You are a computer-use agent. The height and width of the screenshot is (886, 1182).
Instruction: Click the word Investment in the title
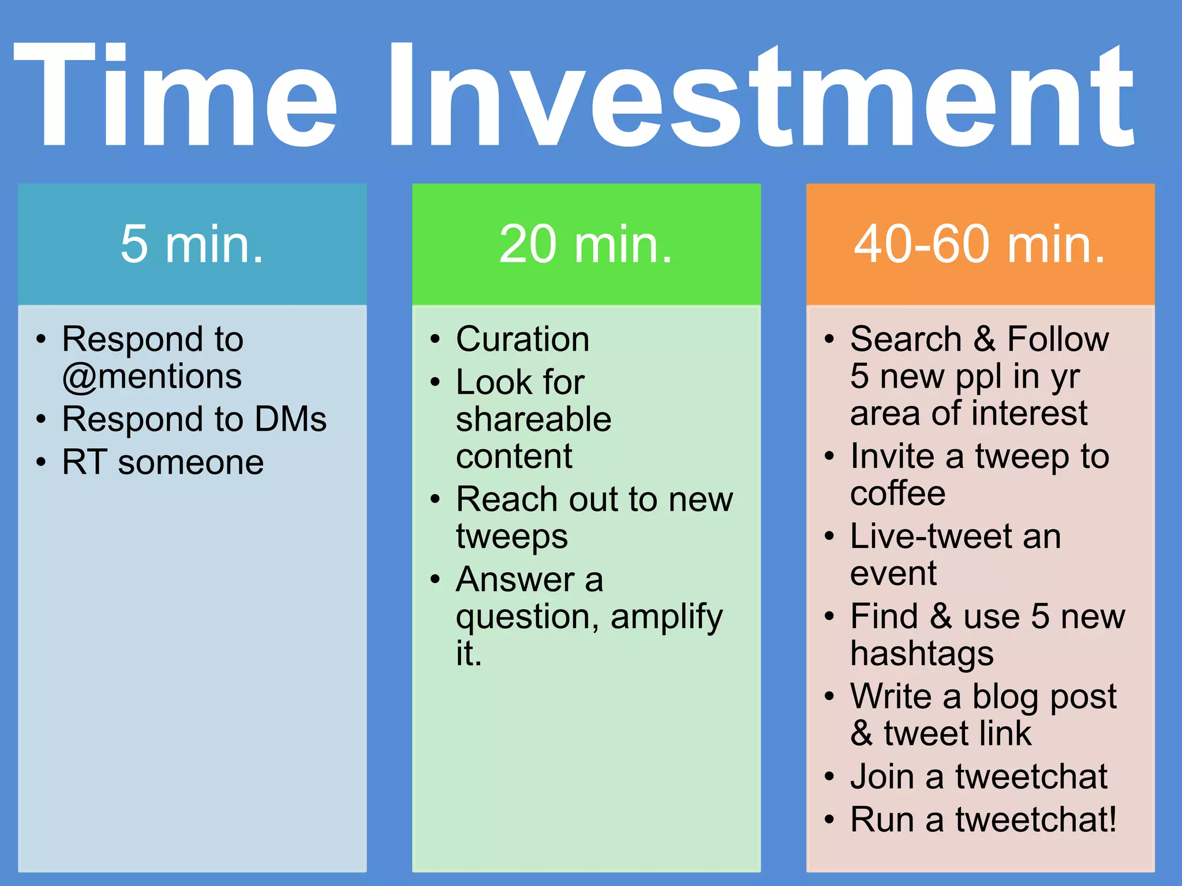762,95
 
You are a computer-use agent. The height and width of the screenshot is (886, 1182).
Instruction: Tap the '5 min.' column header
192,245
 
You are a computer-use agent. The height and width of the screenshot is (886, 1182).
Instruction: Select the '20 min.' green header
586,245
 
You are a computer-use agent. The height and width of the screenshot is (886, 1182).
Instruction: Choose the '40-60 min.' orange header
980,245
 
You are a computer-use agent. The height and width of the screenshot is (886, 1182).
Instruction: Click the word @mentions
152,377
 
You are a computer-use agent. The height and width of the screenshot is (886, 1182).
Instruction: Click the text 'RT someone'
163,462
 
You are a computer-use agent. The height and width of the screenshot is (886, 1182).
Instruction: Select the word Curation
522,339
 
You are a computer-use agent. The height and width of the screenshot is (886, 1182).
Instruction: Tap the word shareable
533,419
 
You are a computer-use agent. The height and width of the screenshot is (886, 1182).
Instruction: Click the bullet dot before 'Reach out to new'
435,500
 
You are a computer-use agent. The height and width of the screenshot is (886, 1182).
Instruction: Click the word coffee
897,494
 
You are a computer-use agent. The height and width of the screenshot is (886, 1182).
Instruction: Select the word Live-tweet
930,536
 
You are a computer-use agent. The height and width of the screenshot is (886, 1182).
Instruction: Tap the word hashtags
922,654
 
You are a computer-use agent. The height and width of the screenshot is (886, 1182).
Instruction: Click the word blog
1007,697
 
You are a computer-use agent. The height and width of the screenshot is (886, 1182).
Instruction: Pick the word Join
882,776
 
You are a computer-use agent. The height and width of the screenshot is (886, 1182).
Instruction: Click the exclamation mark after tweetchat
1112,819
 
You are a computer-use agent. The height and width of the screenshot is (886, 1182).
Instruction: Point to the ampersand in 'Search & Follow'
985,339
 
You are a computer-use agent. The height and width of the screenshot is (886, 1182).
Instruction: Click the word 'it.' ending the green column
468,654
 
